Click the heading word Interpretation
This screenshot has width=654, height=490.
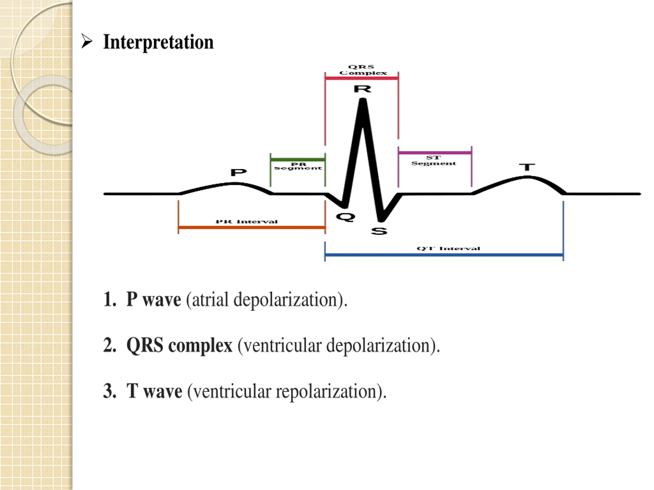(x=158, y=42)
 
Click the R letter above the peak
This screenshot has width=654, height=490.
(x=363, y=89)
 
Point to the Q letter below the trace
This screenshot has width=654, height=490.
(x=345, y=217)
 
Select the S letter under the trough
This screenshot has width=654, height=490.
(x=379, y=231)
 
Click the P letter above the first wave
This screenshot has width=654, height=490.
(x=238, y=172)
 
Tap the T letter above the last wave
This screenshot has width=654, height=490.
(x=527, y=167)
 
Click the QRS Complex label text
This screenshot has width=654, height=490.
(x=363, y=70)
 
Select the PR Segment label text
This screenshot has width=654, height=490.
(x=298, y=166)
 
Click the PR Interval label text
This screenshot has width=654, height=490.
(x=247, y=222)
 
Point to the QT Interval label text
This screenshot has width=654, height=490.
(x=448, y=248)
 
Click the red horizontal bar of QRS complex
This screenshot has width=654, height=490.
(x=361, y=78)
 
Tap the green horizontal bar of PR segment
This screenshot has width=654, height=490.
(x=298, y=160)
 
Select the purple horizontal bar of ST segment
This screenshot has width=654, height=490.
(x=435, y=153)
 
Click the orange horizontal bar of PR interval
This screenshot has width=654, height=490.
(x=252, y=227)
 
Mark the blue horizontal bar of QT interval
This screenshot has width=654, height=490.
(x=444, y=255)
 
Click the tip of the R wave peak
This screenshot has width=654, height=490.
(x=363, y=100)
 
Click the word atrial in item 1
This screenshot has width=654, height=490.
(x=210, y=300)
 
